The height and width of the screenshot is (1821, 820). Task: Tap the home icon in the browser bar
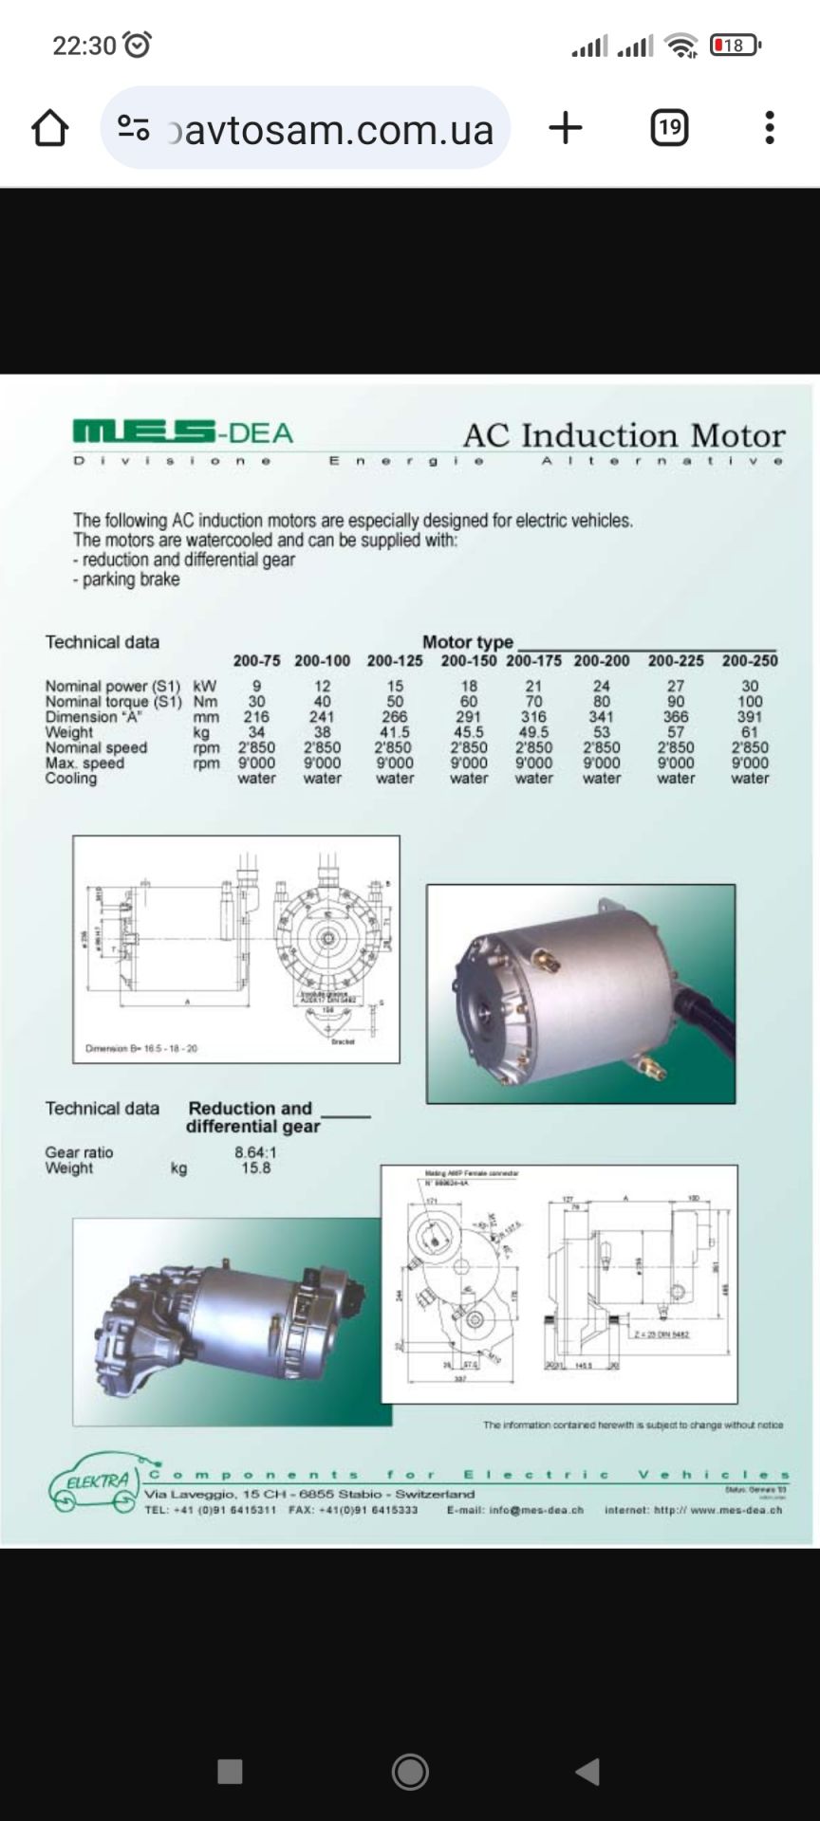pyautogui.click(x=50, y=128)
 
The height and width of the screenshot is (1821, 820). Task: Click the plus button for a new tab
pyautogui.click(x=566, y=127)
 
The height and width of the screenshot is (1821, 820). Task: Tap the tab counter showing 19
pyautogui.click(x=669, y=127)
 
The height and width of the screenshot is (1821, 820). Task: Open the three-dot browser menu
pyautogui.click(x=770, y=127)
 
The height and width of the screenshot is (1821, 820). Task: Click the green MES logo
pyautogui.click(x=142, y=432)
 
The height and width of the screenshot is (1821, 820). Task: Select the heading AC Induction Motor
pyautogui.click(x=624, y=435)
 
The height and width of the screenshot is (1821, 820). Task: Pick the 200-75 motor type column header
pyautogui.click(x=256, y=661)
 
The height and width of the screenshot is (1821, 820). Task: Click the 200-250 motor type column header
pyautogui.click(x=749, y=661)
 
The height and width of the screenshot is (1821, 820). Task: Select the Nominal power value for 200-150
pyautogui.click(x=469, y=687)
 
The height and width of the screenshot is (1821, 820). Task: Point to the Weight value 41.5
pyautogui.click(x=395, y=732)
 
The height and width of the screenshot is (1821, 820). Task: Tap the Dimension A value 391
pyautogui.click(x=749, y=717)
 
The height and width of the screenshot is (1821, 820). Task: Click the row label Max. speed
pyautogui.click(x=84, y=763)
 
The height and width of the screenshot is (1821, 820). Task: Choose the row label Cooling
pyautogui.click(x=70, y=779)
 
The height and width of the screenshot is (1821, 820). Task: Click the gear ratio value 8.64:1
pyautogui.click(x=256, y=1152)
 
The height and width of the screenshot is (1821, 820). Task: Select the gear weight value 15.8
pyautogui.click(x=256, y=1168)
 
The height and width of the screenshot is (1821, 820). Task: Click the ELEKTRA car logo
pyautogui.click(x=93, y=1482)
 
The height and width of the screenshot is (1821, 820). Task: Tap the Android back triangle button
pyautogui.click(x=588, y=1772)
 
